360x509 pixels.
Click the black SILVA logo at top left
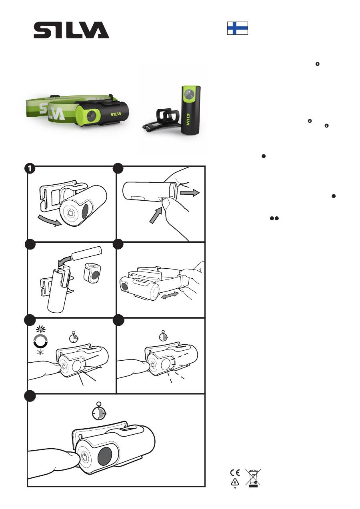click(71, 30)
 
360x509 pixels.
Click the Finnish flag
click(238, 28)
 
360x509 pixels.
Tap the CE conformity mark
click(235, 473)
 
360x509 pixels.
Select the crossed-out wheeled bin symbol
click(253, 478)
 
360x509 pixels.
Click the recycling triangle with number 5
click(235, 482)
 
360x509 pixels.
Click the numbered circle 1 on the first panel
click(30, 169)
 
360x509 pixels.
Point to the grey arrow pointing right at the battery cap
click(190, 193)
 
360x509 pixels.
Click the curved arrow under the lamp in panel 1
click(50, 220)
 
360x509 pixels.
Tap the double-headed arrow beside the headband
click(170, 295)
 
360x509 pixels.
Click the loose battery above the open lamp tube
click(86, 253)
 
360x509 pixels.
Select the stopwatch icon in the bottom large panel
click(99, 412)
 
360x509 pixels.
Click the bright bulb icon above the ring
click(41, 329)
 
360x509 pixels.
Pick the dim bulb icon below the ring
click(40, 352)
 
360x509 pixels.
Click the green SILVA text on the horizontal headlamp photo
click(116, 114)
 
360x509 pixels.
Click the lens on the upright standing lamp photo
click(189, 94)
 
